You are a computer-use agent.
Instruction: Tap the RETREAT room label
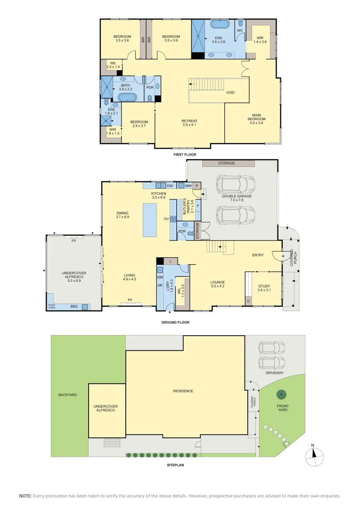[x=189, y=123]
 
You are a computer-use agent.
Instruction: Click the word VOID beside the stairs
[x=230, y=92]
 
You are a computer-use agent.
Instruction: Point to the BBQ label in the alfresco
[x=74, y=306]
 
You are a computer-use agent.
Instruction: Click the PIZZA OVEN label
[x=52, y=307]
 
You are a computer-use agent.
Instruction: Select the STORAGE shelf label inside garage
[x=226, y=163]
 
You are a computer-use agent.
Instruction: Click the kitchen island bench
[x=149, y=220]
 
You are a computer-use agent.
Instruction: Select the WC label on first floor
[x=239, y=30]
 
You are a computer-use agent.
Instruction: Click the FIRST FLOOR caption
[x=185, y=155]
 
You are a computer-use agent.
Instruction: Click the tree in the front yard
[x=282, y=394]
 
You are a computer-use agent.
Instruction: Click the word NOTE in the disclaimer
[x=25, y=496]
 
